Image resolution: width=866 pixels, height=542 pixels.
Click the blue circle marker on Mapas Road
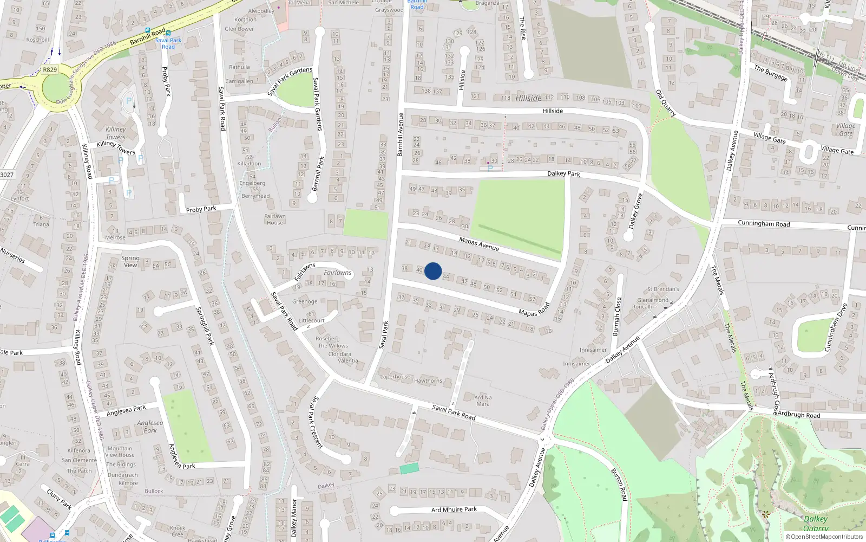432,271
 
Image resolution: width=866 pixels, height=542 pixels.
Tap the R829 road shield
50,69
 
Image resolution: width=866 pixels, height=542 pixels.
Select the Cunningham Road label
764,224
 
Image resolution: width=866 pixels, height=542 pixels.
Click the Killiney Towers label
115,133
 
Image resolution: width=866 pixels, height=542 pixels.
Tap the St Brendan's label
662,289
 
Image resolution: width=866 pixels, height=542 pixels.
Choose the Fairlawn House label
275,220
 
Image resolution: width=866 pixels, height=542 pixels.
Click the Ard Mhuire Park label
454,509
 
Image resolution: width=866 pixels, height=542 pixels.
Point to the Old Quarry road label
666,103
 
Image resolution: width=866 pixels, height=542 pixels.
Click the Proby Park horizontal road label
201,209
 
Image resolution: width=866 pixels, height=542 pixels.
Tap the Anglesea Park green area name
150,427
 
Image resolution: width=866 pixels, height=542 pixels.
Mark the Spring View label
130,261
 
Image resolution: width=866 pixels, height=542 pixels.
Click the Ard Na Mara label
483,401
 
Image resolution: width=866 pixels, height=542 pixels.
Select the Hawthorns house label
428,381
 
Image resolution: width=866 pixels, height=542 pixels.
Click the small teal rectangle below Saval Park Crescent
409,468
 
